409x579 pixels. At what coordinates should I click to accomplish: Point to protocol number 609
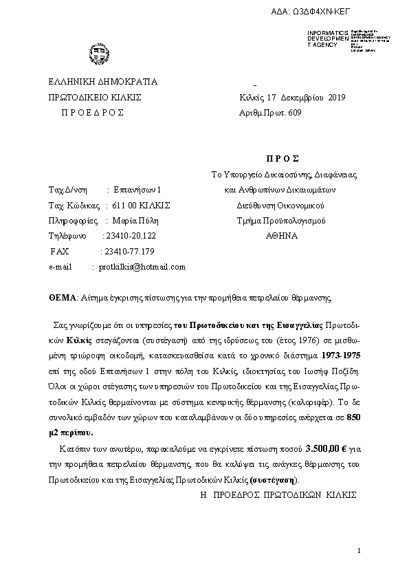coord(294,112)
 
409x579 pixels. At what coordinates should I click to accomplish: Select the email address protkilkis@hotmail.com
coord(142,267)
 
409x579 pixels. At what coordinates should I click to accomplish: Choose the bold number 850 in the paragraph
coord(353,417)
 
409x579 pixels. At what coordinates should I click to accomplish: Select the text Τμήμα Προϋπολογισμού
coord(280,221)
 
